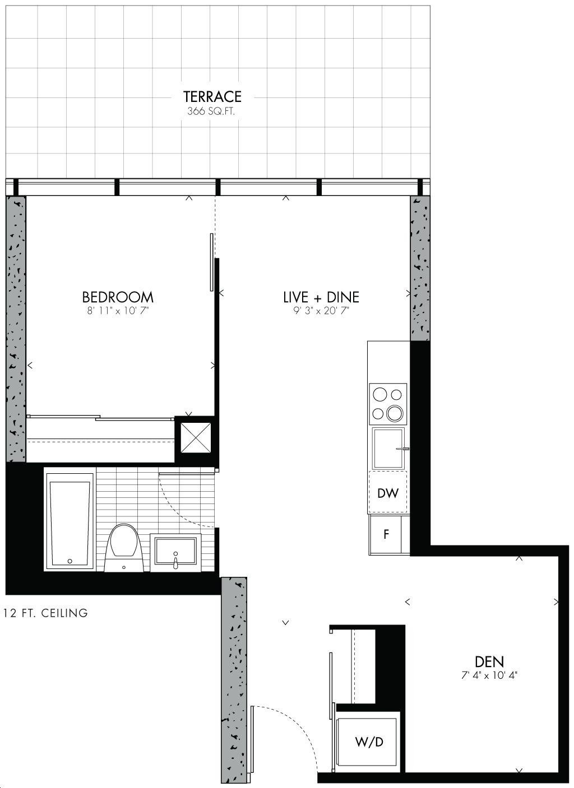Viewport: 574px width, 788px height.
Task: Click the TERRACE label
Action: click(212, 96)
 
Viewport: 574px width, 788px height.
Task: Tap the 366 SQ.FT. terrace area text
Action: click(211, 111)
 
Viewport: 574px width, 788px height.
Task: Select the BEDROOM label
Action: click(118, 297)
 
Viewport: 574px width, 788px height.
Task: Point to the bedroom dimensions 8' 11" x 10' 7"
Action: click(118, 311)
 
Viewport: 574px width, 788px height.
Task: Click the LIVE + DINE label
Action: click(321, 297)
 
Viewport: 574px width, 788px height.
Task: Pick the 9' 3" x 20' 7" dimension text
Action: click(321, 311)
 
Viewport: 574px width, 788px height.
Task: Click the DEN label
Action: click(489, 662)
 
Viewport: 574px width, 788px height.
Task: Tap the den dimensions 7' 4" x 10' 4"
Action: click(489, 676)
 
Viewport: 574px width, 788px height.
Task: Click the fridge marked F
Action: click(386, 535)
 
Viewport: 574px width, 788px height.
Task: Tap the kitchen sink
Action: click(388, 449)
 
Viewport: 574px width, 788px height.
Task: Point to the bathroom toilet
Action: click(124, 548)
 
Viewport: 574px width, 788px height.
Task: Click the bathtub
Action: click(70, 522)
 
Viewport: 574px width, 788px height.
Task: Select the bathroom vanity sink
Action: click(175, 552)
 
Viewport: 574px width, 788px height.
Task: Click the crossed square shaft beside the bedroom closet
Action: click(196, 437)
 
